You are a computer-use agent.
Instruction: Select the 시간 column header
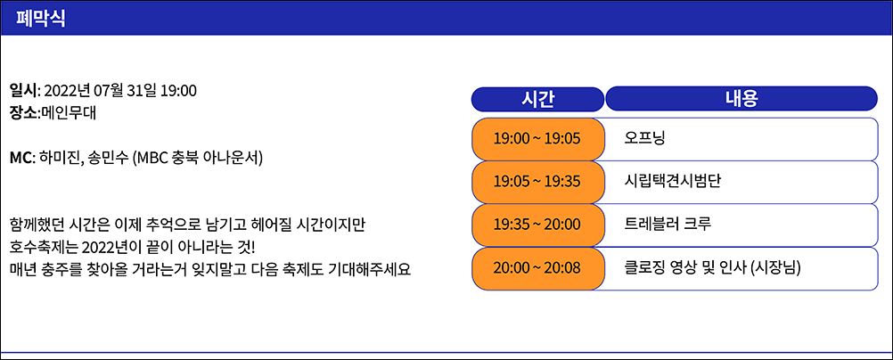[537, 99]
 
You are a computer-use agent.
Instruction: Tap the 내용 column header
[741, 99]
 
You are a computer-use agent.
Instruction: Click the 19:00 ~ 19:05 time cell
[537, 139]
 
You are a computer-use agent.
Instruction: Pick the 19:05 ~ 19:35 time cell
[537, 182]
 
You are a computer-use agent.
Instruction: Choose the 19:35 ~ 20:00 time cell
[537, 225]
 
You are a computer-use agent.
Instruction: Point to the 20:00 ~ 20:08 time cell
[537, 267]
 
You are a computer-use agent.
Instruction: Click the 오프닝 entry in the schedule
[644, 139]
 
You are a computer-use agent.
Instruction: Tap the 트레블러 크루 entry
[668, 225]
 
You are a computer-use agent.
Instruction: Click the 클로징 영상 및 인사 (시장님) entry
[712, 267]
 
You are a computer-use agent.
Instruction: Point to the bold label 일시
[23, 90]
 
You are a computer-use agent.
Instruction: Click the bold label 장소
[23, 113]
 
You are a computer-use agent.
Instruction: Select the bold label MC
[21, 158]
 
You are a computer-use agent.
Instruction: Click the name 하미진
[59, 158]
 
